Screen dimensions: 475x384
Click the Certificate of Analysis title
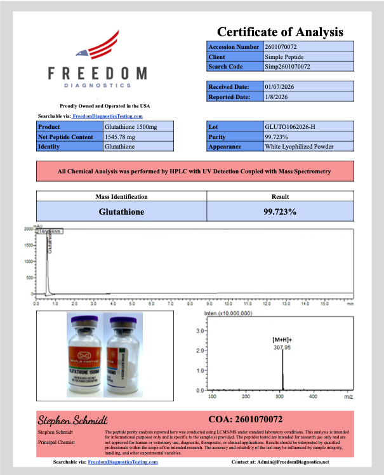point(280,32)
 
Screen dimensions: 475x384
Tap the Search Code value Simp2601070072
point(288,67)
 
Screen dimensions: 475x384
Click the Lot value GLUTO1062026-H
point(289,127)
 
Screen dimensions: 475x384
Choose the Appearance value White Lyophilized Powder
point(299,147)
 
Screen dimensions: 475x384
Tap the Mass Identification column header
point(121,197)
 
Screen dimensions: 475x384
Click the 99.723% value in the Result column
point(280,211)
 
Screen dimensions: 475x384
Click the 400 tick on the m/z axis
point(313,396)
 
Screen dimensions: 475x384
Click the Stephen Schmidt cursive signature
point(73,420)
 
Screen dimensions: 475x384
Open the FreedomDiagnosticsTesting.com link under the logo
point(107,117)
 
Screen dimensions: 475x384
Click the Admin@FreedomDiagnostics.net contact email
point(289,462)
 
